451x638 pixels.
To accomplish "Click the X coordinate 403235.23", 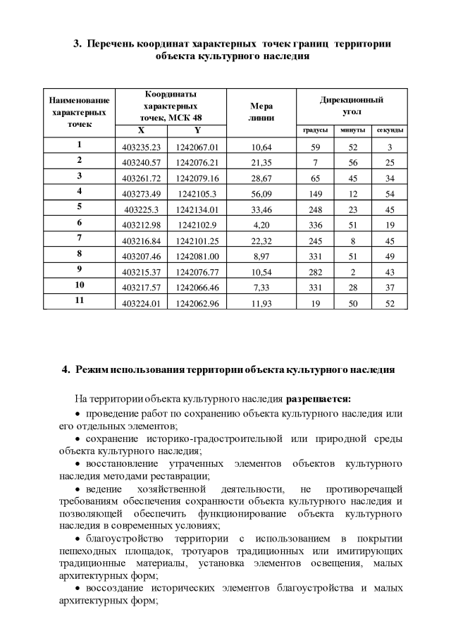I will pos(142,147).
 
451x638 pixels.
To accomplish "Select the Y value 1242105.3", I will pos(197,192).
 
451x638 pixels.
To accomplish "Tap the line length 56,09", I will pos(261,192).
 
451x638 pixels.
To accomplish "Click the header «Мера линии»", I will pos(261,112).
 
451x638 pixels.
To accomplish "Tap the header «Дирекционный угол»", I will pos(351,106).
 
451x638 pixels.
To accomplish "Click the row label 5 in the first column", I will pos(80,207).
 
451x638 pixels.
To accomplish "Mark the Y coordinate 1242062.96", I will pos(197,301).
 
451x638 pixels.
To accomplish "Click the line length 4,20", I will pos(261,223).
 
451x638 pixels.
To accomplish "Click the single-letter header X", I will pos(141,130).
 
